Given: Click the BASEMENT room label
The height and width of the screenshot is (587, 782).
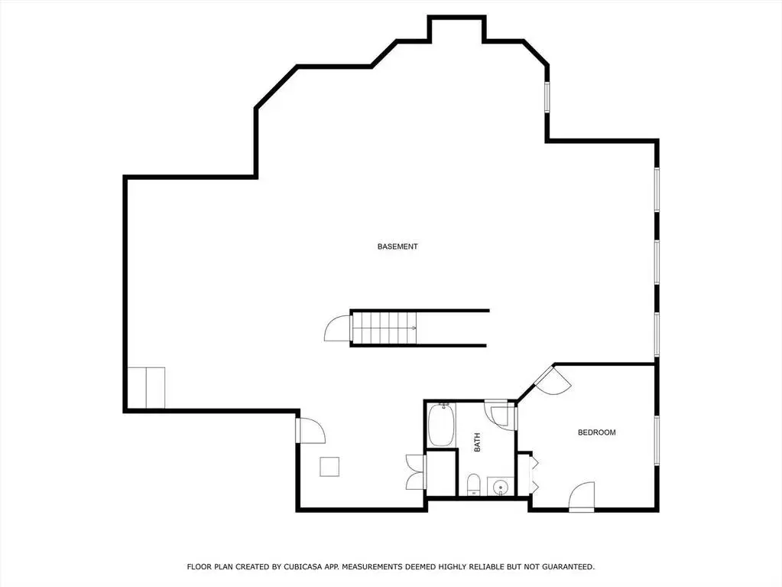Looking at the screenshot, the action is click(397, 246).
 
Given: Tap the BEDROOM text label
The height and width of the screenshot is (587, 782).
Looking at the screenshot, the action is click(596, 432).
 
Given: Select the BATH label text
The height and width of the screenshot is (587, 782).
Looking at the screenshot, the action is click(477, 443).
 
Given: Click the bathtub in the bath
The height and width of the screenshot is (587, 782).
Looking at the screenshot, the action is click(441, 425).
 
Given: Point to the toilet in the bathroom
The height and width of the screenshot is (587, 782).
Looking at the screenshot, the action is click(473, 485).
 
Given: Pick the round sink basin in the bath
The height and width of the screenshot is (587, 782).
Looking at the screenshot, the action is click(498, 486).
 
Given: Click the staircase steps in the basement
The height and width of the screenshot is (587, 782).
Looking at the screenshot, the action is click(385, 328).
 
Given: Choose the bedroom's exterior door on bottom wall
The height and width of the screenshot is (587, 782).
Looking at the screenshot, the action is click(582, 496).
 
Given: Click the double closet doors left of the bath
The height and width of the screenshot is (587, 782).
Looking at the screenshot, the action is click(415, 472).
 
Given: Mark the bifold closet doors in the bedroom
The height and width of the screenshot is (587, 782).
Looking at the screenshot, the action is click(533, 473).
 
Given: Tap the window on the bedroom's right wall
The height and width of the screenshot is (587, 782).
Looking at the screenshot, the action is click(657, 441).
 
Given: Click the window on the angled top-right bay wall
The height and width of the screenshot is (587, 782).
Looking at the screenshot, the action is click(547, 97).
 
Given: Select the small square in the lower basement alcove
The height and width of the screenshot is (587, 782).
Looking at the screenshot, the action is click(329, 467).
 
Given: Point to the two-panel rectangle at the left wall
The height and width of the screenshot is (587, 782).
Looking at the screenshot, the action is click(146, 388).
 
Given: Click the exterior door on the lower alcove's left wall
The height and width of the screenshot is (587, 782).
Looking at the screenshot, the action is click(310, 431).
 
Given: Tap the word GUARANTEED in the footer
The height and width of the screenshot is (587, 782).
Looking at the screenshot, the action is click(568, 566).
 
